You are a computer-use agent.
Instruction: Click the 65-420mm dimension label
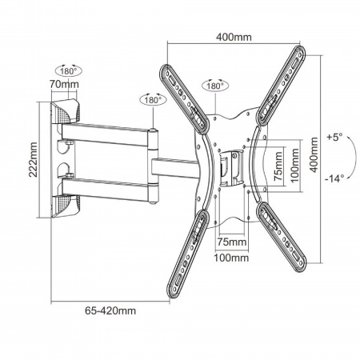110,310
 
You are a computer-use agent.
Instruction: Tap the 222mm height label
33,160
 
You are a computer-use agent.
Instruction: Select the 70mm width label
64,84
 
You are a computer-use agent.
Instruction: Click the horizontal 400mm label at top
234,37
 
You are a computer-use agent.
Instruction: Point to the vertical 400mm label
314,155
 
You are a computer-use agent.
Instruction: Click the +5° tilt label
334,138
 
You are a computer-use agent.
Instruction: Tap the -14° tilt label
334,178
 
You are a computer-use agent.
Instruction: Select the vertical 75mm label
278,166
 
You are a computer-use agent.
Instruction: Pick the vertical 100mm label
294,166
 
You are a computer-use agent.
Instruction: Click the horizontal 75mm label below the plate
232,242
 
